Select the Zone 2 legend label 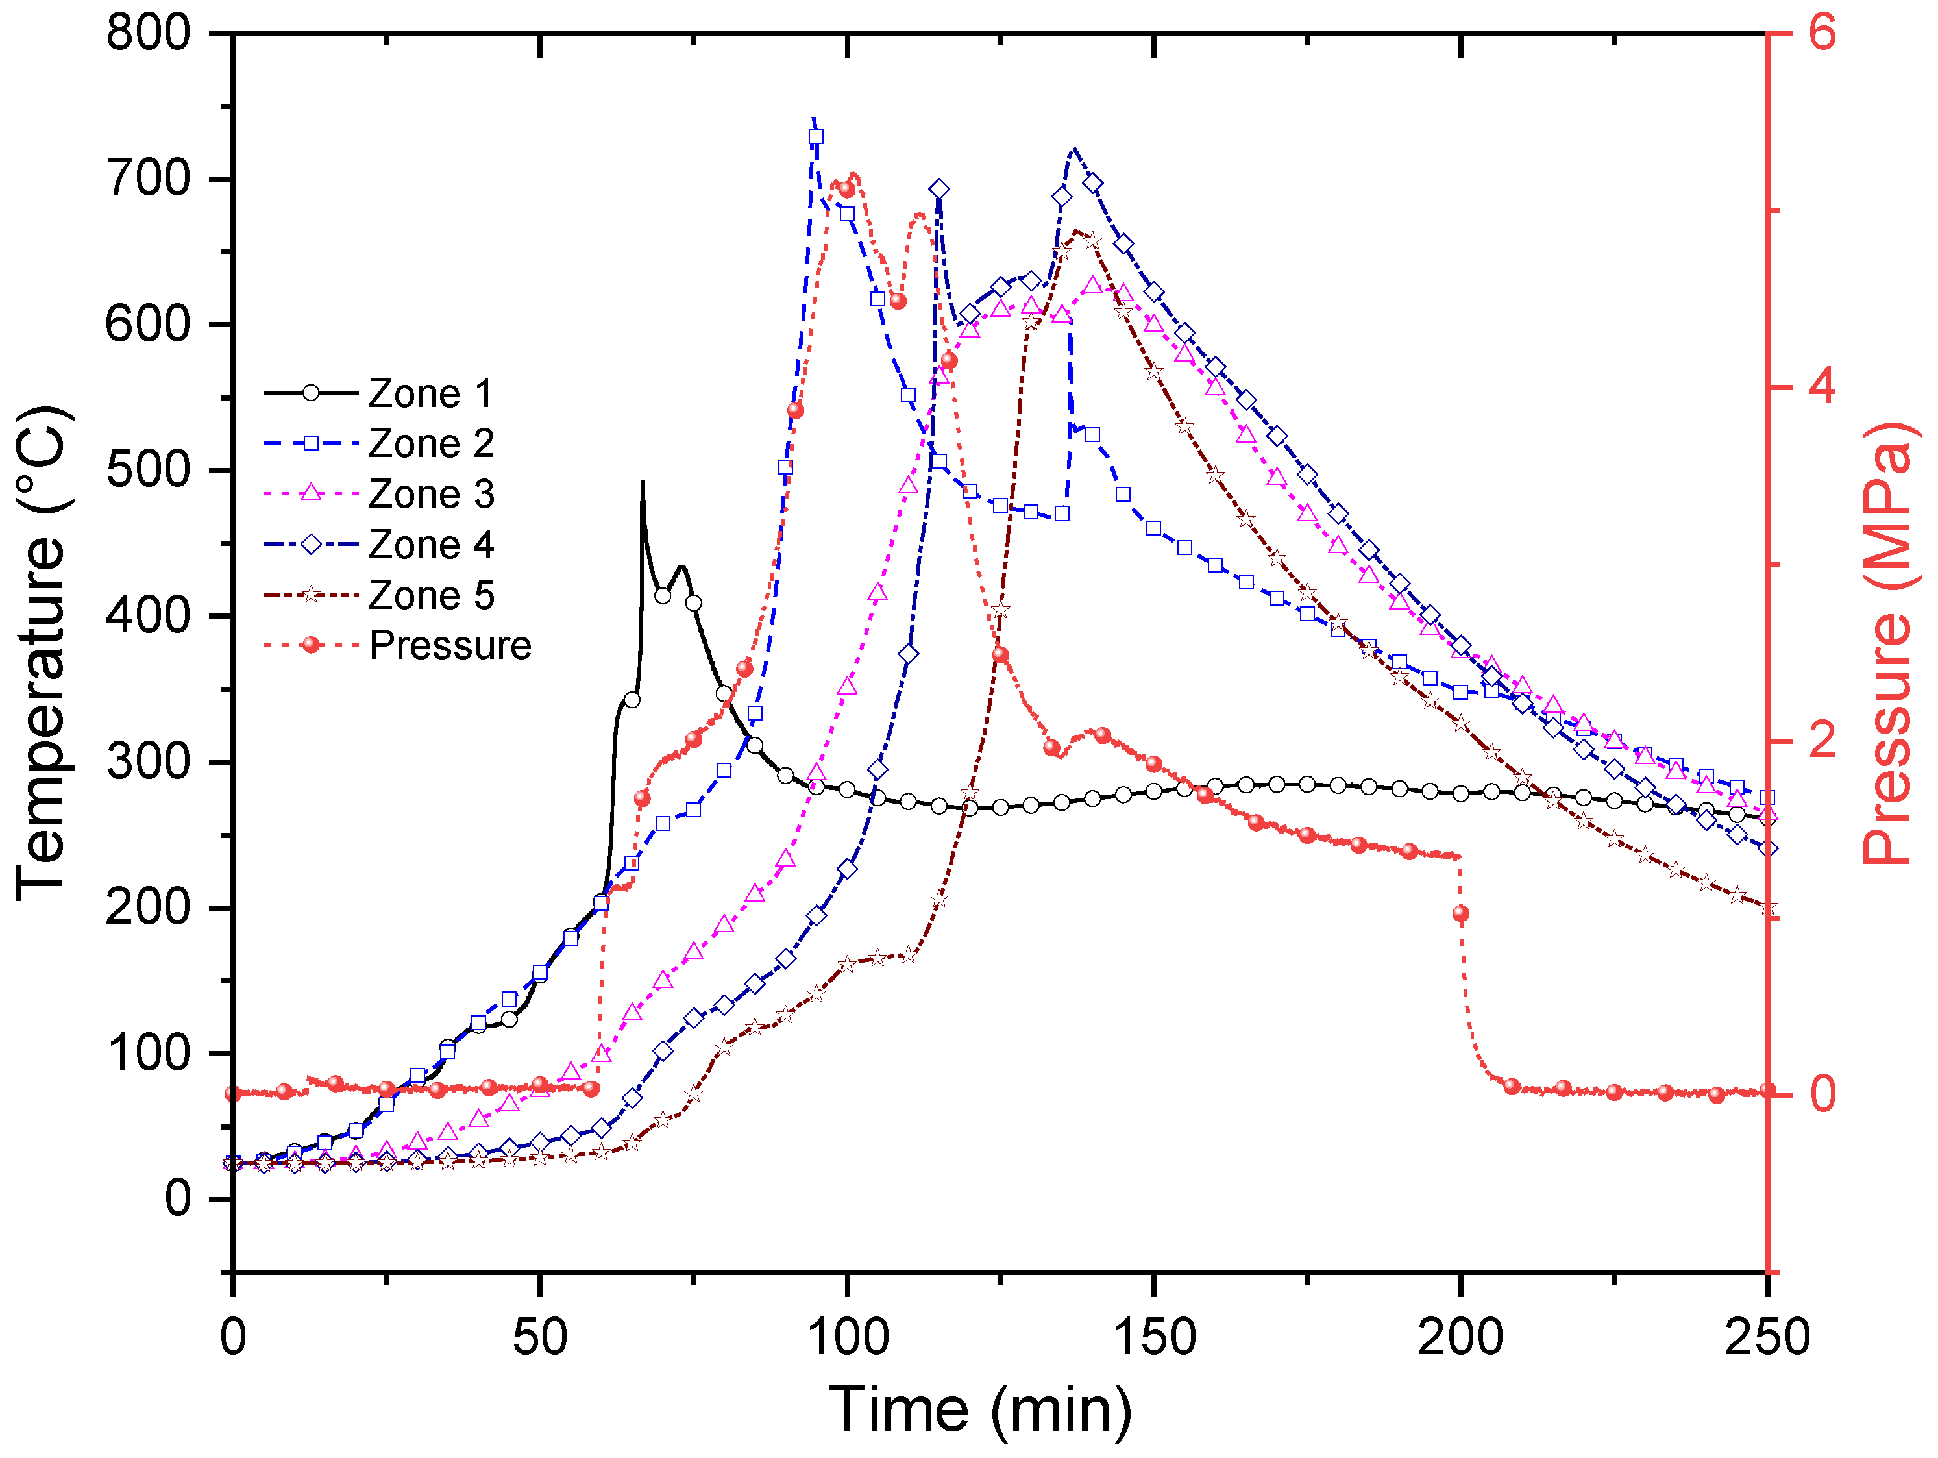pos(431,443)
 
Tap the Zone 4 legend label pos(431,545)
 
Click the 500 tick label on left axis pos(147,471)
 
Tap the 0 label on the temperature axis pos(177,1198)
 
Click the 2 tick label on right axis pos(1821,741)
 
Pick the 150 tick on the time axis pos(1154,1338)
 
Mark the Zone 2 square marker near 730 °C pos(816,137)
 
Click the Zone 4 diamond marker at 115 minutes pos(939,190)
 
